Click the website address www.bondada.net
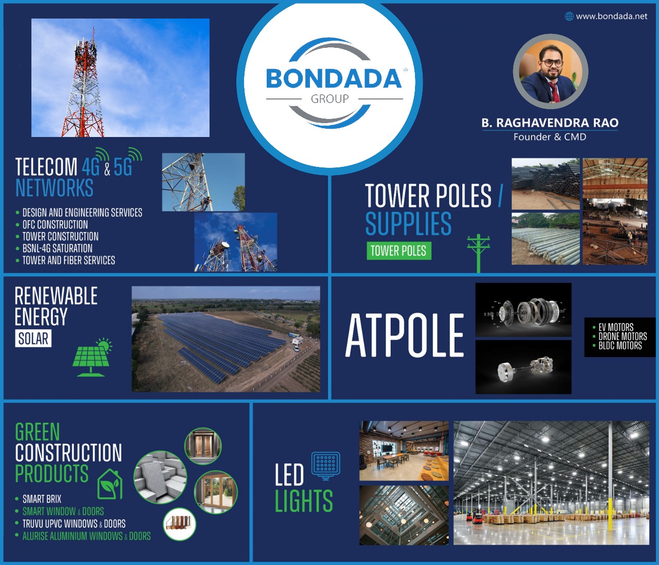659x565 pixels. (612, 16)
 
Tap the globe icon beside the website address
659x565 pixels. (569, 16)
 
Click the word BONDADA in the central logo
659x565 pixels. (333, 78)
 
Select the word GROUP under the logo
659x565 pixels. (329, 99)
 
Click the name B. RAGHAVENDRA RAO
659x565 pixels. (550, 123)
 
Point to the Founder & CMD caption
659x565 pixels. (550, 137)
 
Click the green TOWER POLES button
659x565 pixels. (399, 251)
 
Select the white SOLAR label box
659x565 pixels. (33, 338)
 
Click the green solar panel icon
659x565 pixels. (92, 357)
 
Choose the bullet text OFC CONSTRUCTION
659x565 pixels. (55, 225)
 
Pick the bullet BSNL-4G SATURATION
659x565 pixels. (57, 248)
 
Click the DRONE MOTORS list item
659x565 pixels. (622, 336)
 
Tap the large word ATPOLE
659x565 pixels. (405, 335)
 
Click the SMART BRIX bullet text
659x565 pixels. (42, 499)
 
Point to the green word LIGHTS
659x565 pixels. (304, 501)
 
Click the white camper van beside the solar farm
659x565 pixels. (298, 341)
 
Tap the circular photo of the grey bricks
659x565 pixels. (160, 476)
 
